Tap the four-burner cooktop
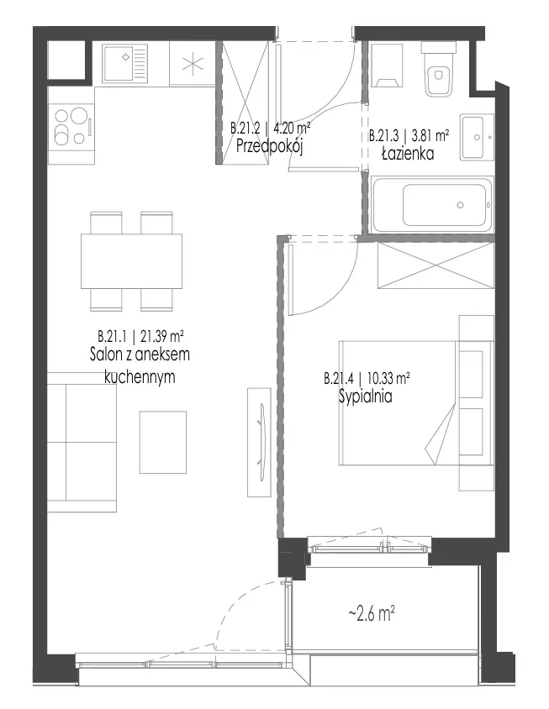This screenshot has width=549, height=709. pyautogui.click(x=71, y=126)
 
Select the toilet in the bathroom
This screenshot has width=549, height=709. pyautogui.click(x=438, y=69)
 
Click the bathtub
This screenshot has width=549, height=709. pyautogui.click(x=432, y=205)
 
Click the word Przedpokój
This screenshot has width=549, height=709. pyautogui.click(x=269, y=146)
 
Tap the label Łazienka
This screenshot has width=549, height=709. pyautogui.click(x=408, y=154)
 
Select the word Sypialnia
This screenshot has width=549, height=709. pyautogui.click(x=365, y=397)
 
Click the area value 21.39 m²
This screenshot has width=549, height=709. pyautogui.click(x=161, y=336)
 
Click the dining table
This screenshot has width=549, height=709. pyautogui.click(x=132, y=261)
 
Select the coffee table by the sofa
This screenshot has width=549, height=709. pyautogui.click(x=163, y=442)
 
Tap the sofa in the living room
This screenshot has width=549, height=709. pyautogui.click(x=82, y=442)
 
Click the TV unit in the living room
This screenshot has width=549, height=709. pyautogui.click(x=259, y=442)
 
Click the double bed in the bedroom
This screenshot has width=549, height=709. pyautogui.click(x=416, y=403)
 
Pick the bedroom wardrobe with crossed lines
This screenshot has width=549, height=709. pyautogui.click(x=436, y=265)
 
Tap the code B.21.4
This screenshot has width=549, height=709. pyautogui.click(x=338, y=378)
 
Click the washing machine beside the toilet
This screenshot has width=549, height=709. pyautogui.click(x=387, y=65)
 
